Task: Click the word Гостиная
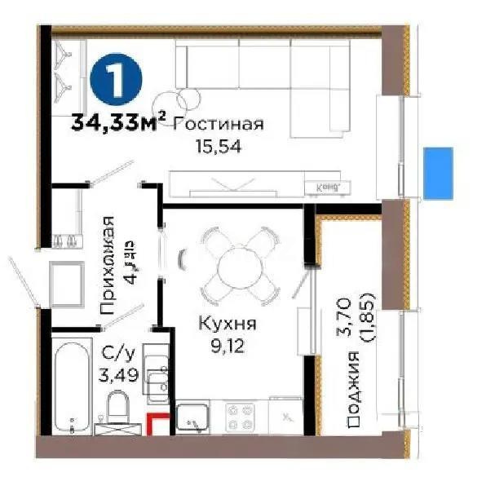pos(219,124)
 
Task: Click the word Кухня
pos(228,324)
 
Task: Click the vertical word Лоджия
pos(353,391)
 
